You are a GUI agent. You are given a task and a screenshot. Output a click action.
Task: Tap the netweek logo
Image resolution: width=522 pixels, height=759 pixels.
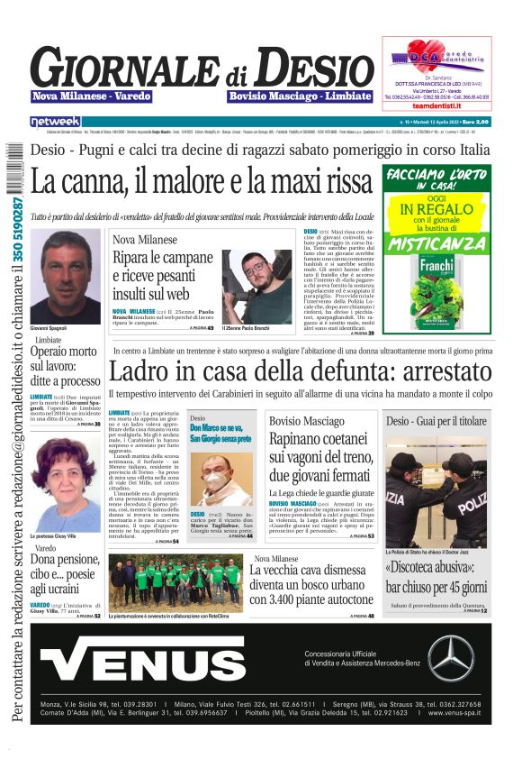point(56,121)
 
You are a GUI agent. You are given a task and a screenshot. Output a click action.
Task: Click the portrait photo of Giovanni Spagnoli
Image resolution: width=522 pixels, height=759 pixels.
point(65,276)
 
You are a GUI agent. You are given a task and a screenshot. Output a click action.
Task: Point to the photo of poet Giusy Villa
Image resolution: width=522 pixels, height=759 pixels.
point(64,485)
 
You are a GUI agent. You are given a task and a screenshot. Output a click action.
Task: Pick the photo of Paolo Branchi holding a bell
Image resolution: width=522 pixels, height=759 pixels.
point(257,286)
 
